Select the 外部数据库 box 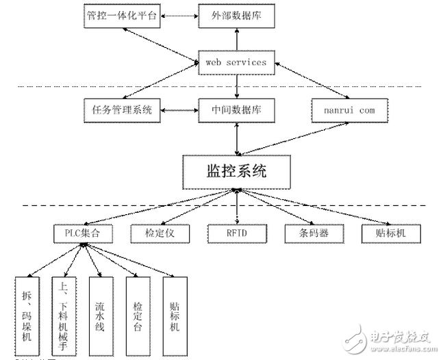(236, 16)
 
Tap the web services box (236, 62)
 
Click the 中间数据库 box (236, 108)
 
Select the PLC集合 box (81, 233)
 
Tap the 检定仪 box (159, 233)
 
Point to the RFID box (236, 233)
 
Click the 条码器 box (313, 233)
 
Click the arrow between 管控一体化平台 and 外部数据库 (179, 16)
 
